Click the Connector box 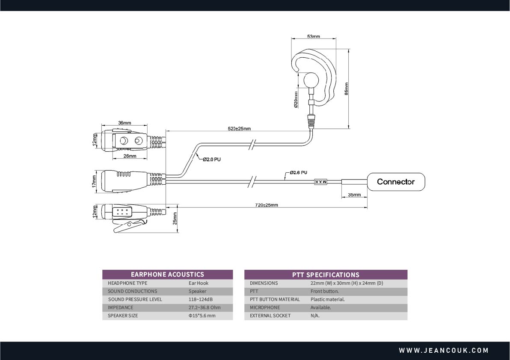click(396, 182)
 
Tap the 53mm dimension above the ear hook click(314, 36)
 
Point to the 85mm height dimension click(346, 89)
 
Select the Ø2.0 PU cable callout click(212, 159)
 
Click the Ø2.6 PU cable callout click(298, 173)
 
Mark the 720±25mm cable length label click(266, 205)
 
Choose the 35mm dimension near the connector click(354, 195)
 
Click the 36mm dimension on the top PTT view click(125, 123)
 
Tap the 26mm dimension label click(130, 156)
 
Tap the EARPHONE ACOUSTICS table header click(167, 274)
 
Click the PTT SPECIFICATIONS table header click(326, 274)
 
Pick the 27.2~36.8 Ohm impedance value click(205, 307)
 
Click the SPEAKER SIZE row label click(123, 316)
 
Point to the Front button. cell click(324, 291)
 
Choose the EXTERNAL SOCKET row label click(270, 316)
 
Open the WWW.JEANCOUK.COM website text click(444, 351)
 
